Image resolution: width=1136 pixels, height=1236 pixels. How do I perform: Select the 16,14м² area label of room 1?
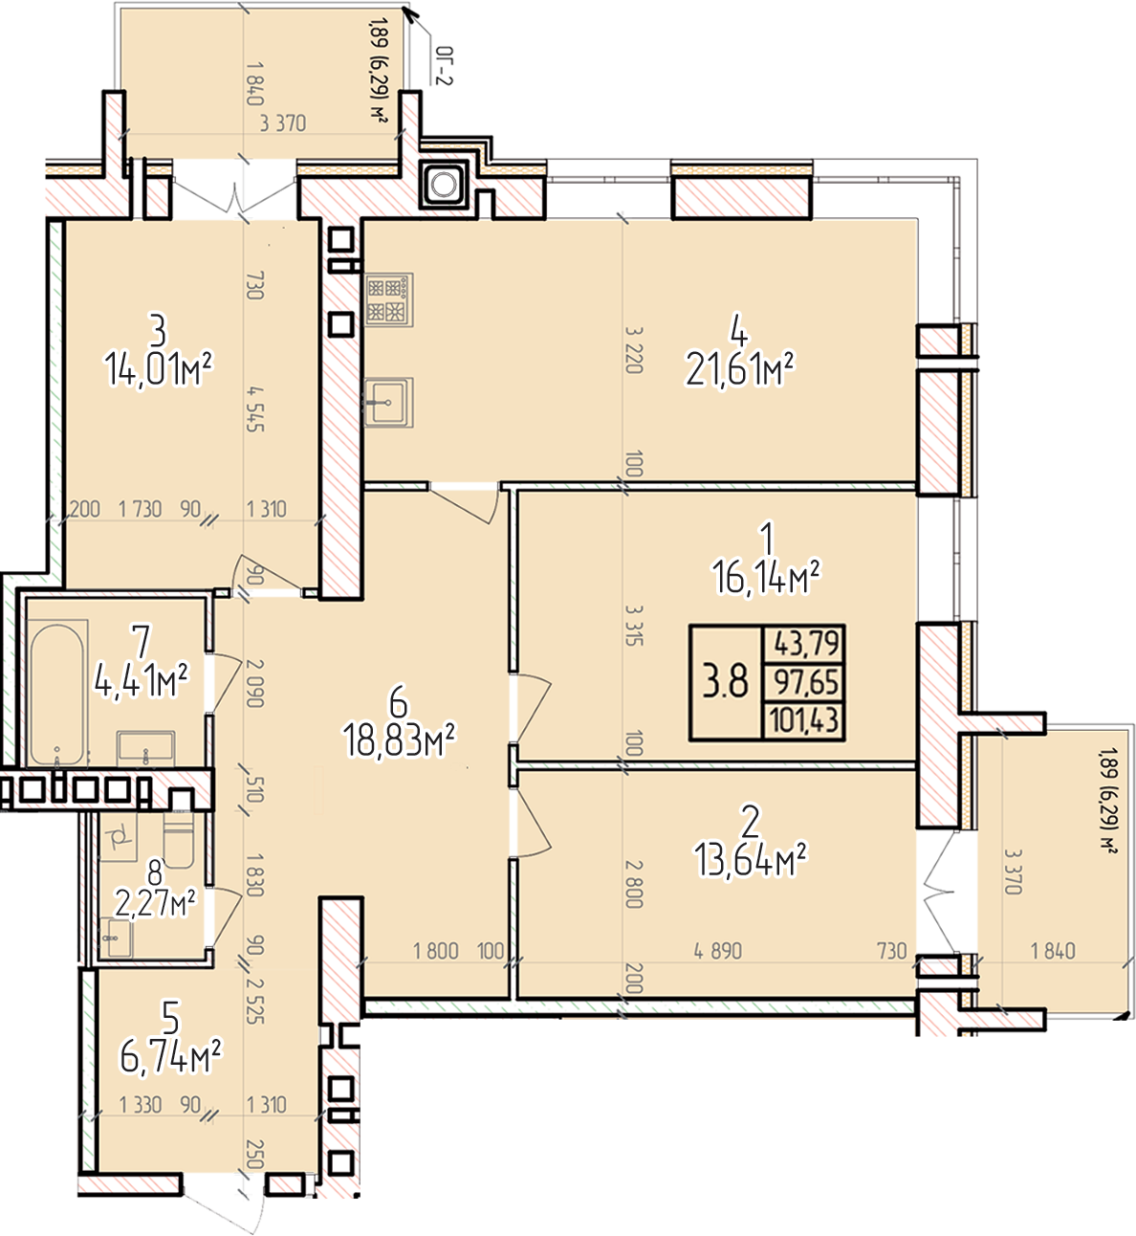(x=767, y=578)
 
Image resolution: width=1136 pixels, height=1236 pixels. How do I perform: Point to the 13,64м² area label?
(x=751, y=859)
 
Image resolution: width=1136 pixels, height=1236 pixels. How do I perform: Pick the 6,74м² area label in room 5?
(x=170, y=1057)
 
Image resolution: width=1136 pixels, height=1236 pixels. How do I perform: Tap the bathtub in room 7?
(x=56, y=695)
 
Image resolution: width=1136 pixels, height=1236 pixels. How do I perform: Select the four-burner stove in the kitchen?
(x=389, y=299)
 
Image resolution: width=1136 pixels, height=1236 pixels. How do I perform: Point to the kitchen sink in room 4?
(x=388, y=403)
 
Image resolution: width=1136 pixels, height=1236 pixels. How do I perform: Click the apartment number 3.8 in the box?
(x=725, y=681)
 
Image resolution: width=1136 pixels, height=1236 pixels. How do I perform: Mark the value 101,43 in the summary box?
(x=804, y=719)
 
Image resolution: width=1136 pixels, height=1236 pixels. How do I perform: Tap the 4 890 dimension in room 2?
(x=718, y=951)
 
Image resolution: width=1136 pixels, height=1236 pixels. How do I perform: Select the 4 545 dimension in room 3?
(x=255, y=408)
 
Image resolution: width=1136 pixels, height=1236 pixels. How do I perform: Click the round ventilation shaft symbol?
(x=444, y=184)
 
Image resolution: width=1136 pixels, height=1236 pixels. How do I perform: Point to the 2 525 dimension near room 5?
(x=255, y=1002)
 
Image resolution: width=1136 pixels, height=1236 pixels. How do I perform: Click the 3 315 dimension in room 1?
(x=634, y=625)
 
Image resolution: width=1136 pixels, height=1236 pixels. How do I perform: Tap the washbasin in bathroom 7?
(x=146, y=747)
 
